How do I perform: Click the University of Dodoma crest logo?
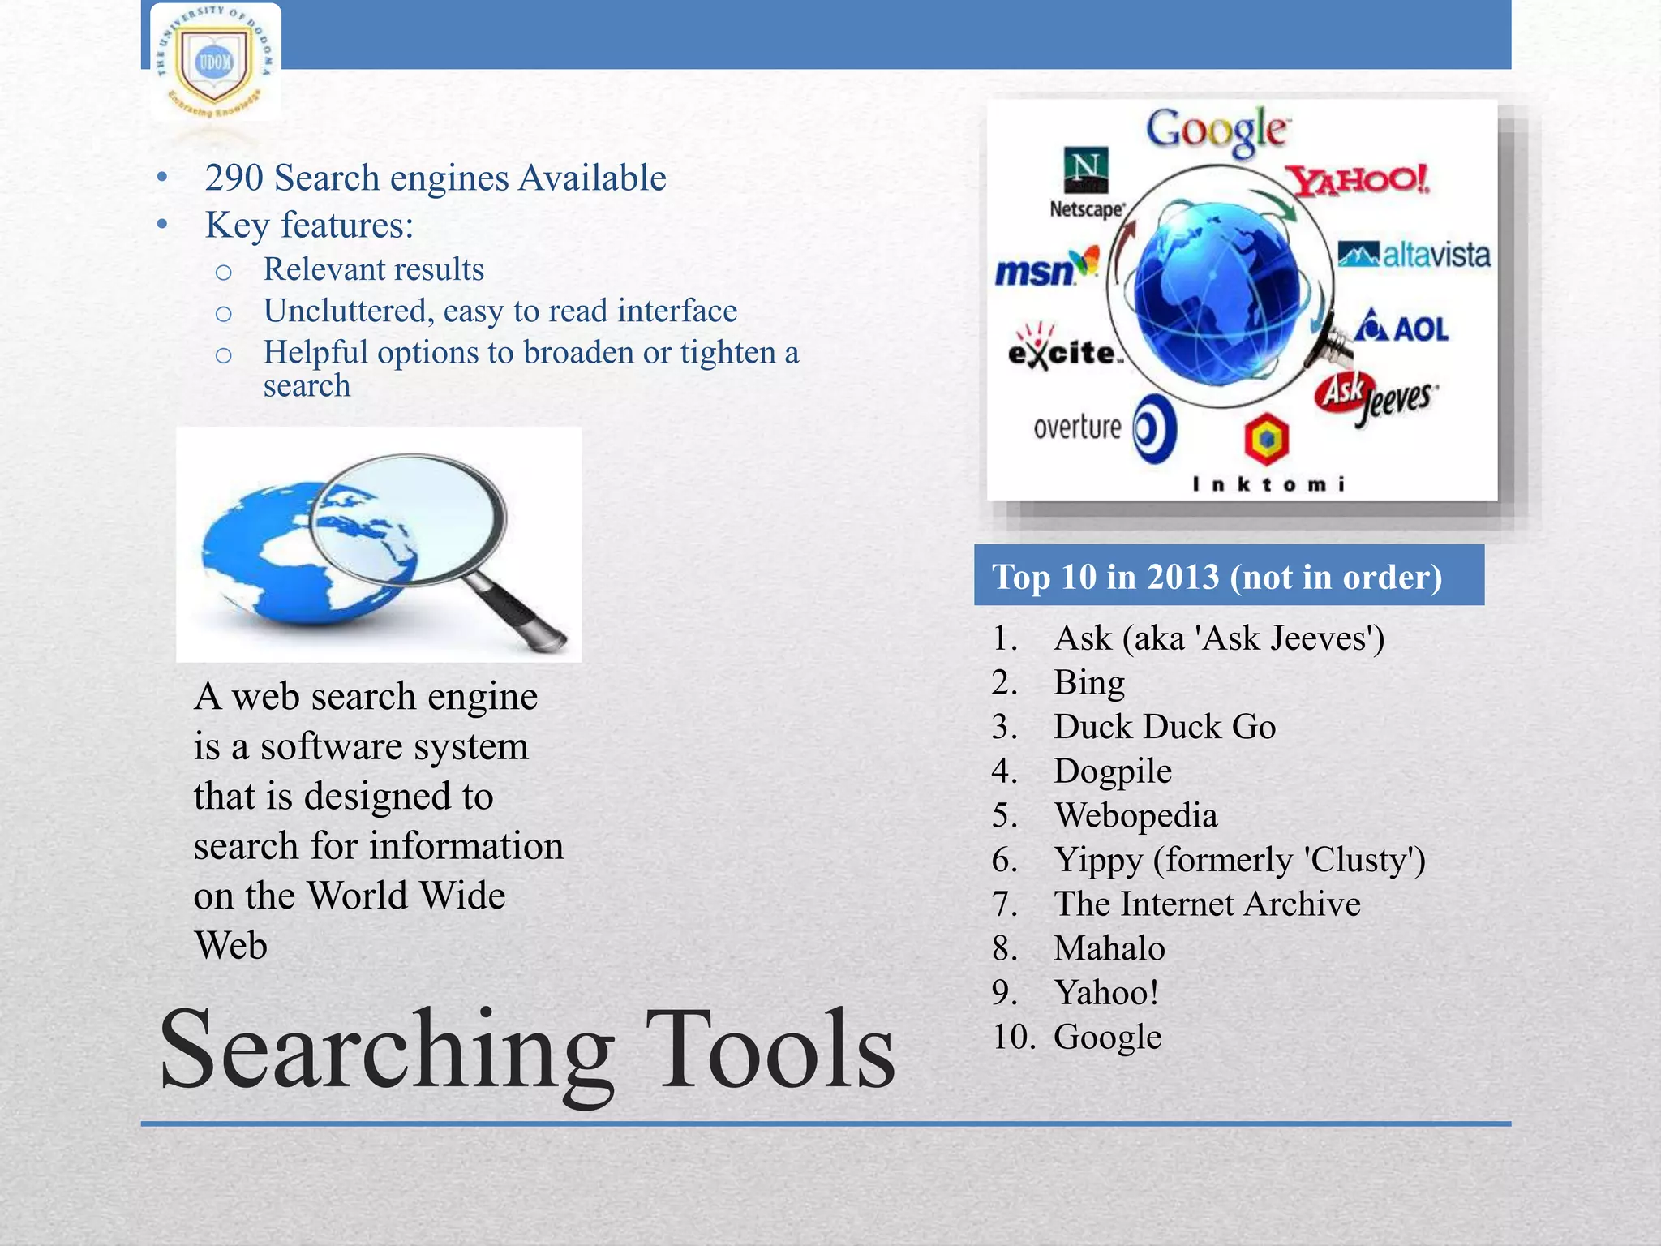215,63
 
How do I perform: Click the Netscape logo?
1086,183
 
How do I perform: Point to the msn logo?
1045,269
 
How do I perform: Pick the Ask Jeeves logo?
1374,397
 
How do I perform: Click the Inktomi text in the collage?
1268,484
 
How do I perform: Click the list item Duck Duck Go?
1164,727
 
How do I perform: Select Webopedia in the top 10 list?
1135,815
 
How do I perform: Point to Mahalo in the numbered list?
1109,948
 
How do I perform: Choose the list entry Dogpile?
1112,771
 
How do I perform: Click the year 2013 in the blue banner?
1182,577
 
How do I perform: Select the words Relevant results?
373,269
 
